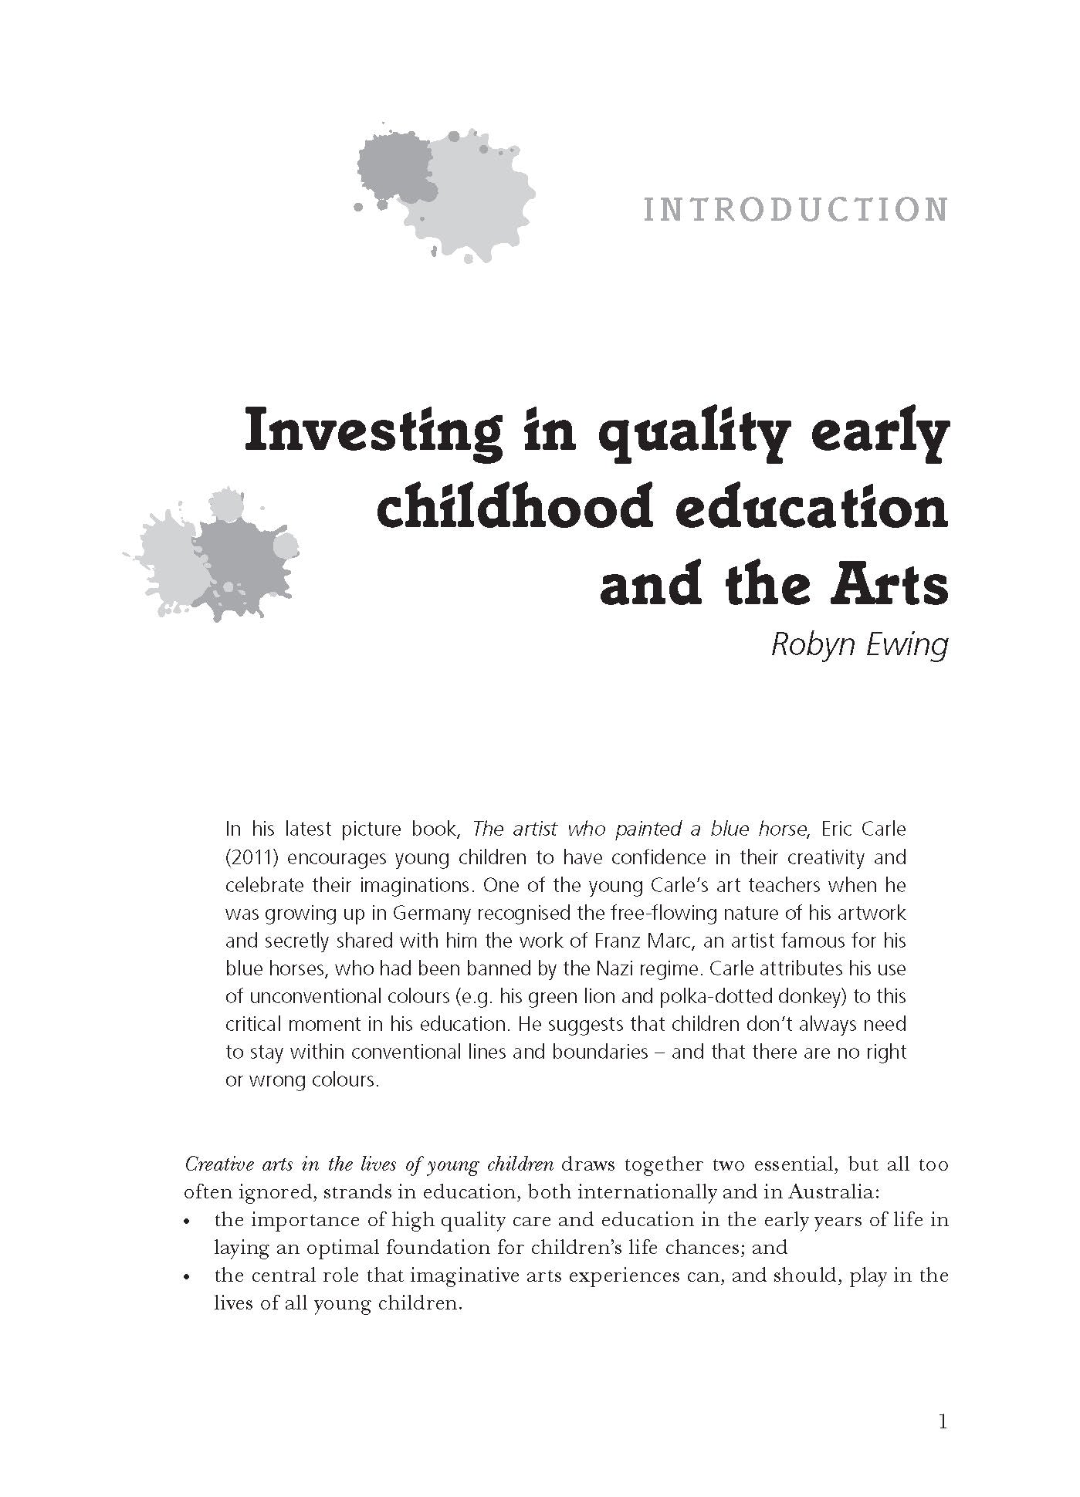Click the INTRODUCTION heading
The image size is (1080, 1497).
(x=795, y=211)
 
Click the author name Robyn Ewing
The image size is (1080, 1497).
(x=858, y=644)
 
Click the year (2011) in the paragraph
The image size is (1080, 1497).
(x=250, y=858)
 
